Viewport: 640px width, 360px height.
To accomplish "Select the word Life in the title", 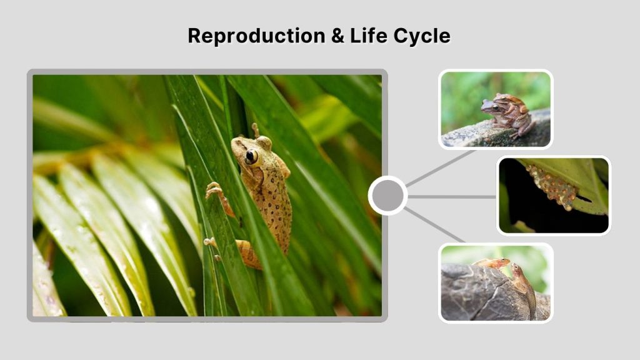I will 370,36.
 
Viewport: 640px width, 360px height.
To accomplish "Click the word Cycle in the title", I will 422,36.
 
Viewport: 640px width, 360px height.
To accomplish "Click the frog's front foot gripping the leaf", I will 214,190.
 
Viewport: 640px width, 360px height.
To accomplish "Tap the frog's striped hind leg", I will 249,252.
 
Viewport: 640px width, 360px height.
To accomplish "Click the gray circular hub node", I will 387,196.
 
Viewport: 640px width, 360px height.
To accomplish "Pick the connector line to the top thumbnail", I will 440,168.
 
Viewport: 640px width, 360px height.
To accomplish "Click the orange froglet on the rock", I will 494,263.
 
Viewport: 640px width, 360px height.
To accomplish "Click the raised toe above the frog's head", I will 254,129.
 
